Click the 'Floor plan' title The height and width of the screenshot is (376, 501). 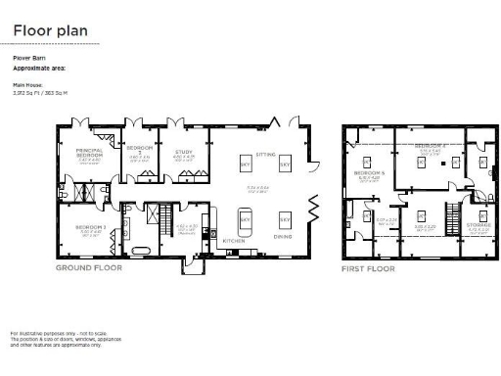coord(50,31)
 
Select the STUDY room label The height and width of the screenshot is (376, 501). coord(184,152)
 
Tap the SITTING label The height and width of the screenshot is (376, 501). coord(265,155)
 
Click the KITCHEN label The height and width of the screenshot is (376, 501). coord(233,240)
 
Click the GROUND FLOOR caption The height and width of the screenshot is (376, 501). coord(89,267)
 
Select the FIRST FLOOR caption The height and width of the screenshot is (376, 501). coord(368,267)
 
